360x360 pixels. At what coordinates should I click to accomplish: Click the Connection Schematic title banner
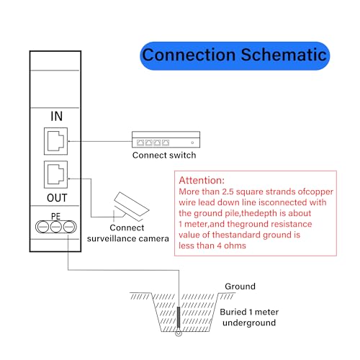pos(235,54)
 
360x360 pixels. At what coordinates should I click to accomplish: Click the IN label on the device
pos(57,116)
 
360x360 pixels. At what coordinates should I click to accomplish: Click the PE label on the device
pos(56,215)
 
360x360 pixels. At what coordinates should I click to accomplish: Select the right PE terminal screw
pos(69,228)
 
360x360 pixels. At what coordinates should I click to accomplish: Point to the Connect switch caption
pos(163,155)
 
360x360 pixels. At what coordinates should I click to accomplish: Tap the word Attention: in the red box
pos(202,180)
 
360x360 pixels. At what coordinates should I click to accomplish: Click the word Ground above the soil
pos(240,287)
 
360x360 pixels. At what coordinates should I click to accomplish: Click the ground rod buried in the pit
pos(178,318)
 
